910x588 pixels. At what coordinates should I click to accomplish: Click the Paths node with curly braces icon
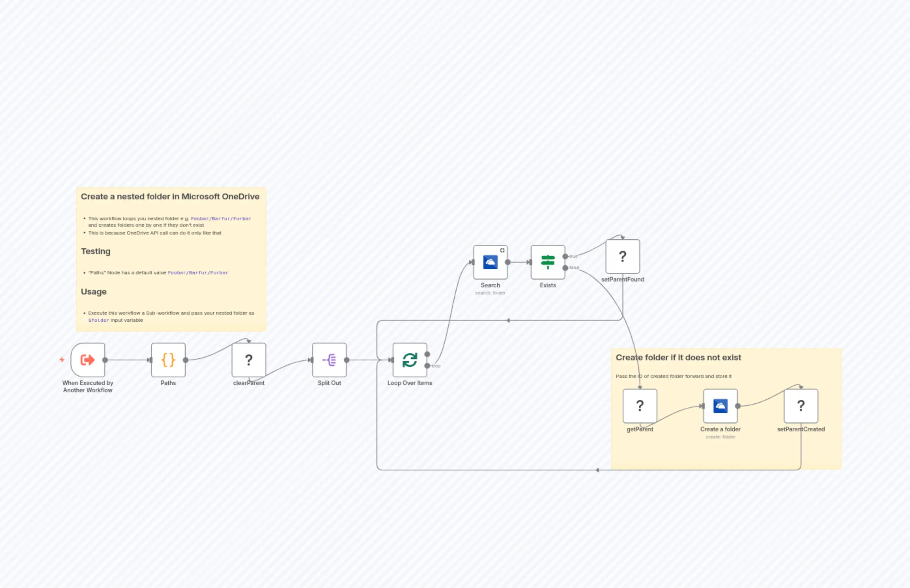[x=168, y=360]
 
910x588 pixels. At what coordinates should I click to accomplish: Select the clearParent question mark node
[x=249, y=360]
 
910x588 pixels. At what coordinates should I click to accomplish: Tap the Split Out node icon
[x=329, y=360]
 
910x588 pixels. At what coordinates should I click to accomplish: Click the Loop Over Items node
[x=410, y=360]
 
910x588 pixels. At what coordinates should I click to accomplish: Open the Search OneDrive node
[x=490, y=262]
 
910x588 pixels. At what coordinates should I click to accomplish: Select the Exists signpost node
[x=547, y=262]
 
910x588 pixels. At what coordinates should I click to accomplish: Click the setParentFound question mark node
[x=622, y=256]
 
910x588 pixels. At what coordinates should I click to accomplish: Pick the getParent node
[x=640, y=406]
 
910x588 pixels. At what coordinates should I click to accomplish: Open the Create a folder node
[x=720, y=406]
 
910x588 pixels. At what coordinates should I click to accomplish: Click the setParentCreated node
[x=801, y=406]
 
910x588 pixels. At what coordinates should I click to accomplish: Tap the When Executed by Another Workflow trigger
[x=88, y=360]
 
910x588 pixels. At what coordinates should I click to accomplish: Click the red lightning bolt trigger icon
[x=62, y=360]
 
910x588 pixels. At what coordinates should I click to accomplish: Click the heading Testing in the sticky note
[x=95, y=251]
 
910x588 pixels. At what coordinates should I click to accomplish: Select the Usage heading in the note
[x=93, y=292]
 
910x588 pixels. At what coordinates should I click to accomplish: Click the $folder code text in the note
[x=98, y=320]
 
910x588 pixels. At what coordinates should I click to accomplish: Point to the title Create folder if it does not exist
[x=678, y=357]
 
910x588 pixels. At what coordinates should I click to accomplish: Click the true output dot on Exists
[x=565, y=256]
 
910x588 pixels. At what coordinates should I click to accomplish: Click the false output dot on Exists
[x=565, y=268]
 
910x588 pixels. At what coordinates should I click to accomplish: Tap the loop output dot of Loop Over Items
[x=427, y=366]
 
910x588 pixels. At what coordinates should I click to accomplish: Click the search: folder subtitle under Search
[x=490, y=293]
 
